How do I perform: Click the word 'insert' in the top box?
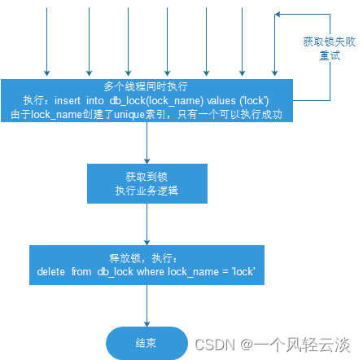[x=68, y=101]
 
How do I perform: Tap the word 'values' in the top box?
[x=221, y=101]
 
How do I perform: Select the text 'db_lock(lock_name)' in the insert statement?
[x=156, y=101]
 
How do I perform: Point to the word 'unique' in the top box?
[x=129, y=115]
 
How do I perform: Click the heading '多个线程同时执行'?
[x=146, y=86]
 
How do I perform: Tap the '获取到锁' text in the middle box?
[x=147, y=177]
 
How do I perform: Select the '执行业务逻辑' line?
[x=147, y=191]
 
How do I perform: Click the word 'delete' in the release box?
[x=51, y=271]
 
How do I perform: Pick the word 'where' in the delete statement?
[x=151, y=271]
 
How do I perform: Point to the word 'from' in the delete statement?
[x=81, y=271]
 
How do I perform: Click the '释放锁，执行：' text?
[x=143, y=258]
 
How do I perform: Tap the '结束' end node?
[x=147, y=343]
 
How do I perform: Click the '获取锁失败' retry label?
[x=329, y=42]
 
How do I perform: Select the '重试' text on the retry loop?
[x=330, y=55]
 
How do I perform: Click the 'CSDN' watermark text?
[x=215, y=345]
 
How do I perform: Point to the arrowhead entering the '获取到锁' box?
[x=147, y=161]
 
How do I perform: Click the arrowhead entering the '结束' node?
[x=147, y=324]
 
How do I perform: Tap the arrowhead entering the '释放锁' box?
[x=147, y=243]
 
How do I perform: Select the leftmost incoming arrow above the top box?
[x=46, y=42]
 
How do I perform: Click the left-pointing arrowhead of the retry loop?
[x=278, y=14]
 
